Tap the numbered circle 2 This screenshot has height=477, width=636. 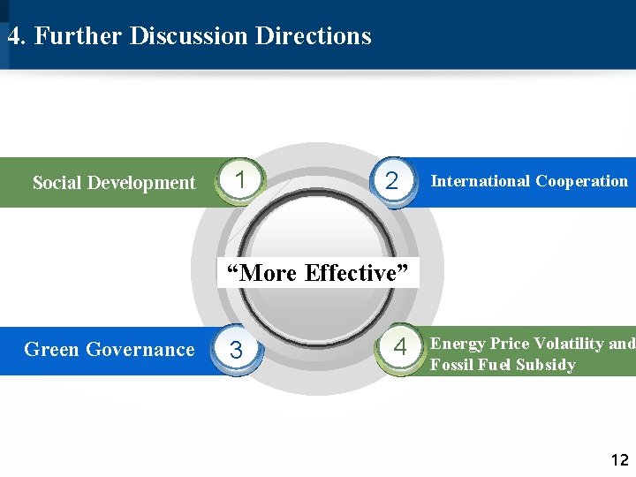pos(393,181)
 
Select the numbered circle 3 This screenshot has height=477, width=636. pos(236,350)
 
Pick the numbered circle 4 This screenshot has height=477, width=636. pos(400,347)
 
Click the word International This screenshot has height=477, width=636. pos(480,181)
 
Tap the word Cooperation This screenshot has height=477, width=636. pos(581,181)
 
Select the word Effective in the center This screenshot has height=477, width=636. pos(358,273)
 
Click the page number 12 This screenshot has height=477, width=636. pos(619,459)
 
